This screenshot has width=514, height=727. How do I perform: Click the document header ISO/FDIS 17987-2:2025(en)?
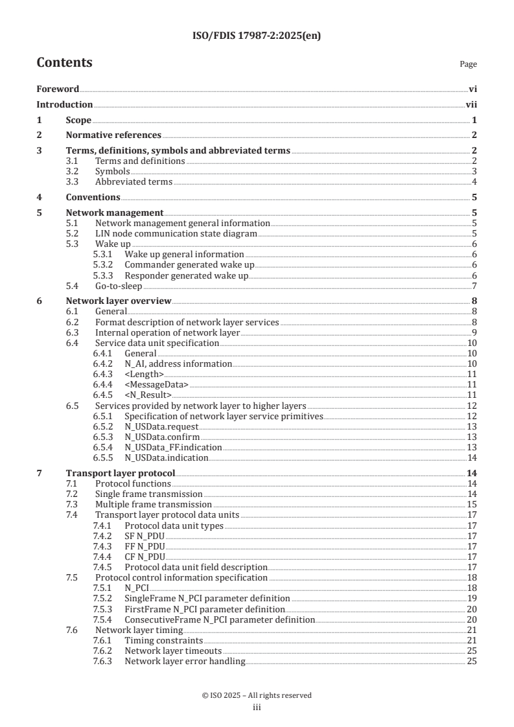tap(257, 36)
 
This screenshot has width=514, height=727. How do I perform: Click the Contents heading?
tap(64, 63)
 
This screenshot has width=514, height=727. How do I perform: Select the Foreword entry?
tap(58, 89)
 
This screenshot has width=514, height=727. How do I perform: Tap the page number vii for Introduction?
tap(472, 104)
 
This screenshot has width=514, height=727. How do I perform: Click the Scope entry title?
tap(78, 120)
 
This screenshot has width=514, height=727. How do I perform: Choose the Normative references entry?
tap(113, 135)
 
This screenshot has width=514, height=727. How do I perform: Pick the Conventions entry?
tap(93, 198)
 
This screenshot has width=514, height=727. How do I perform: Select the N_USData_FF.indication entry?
tap(173, 447)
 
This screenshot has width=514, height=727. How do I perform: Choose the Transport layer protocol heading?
tap(121, 473)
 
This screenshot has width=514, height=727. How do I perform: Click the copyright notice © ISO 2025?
tap(257, 695)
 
